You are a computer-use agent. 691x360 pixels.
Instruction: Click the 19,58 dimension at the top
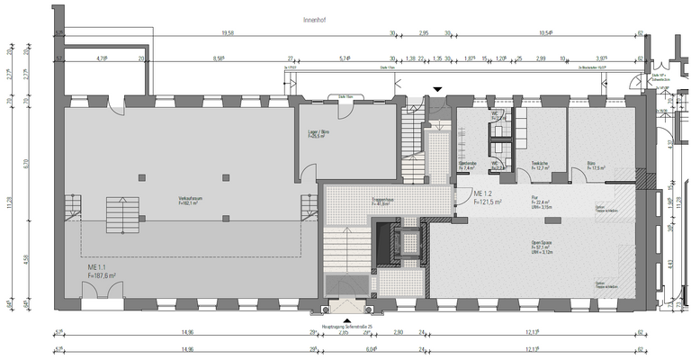[228, 33]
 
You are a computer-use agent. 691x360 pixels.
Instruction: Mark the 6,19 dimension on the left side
[28, 165]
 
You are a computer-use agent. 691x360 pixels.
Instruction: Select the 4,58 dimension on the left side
[28, 260]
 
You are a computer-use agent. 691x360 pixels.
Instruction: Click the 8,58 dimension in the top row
[219, 58]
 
